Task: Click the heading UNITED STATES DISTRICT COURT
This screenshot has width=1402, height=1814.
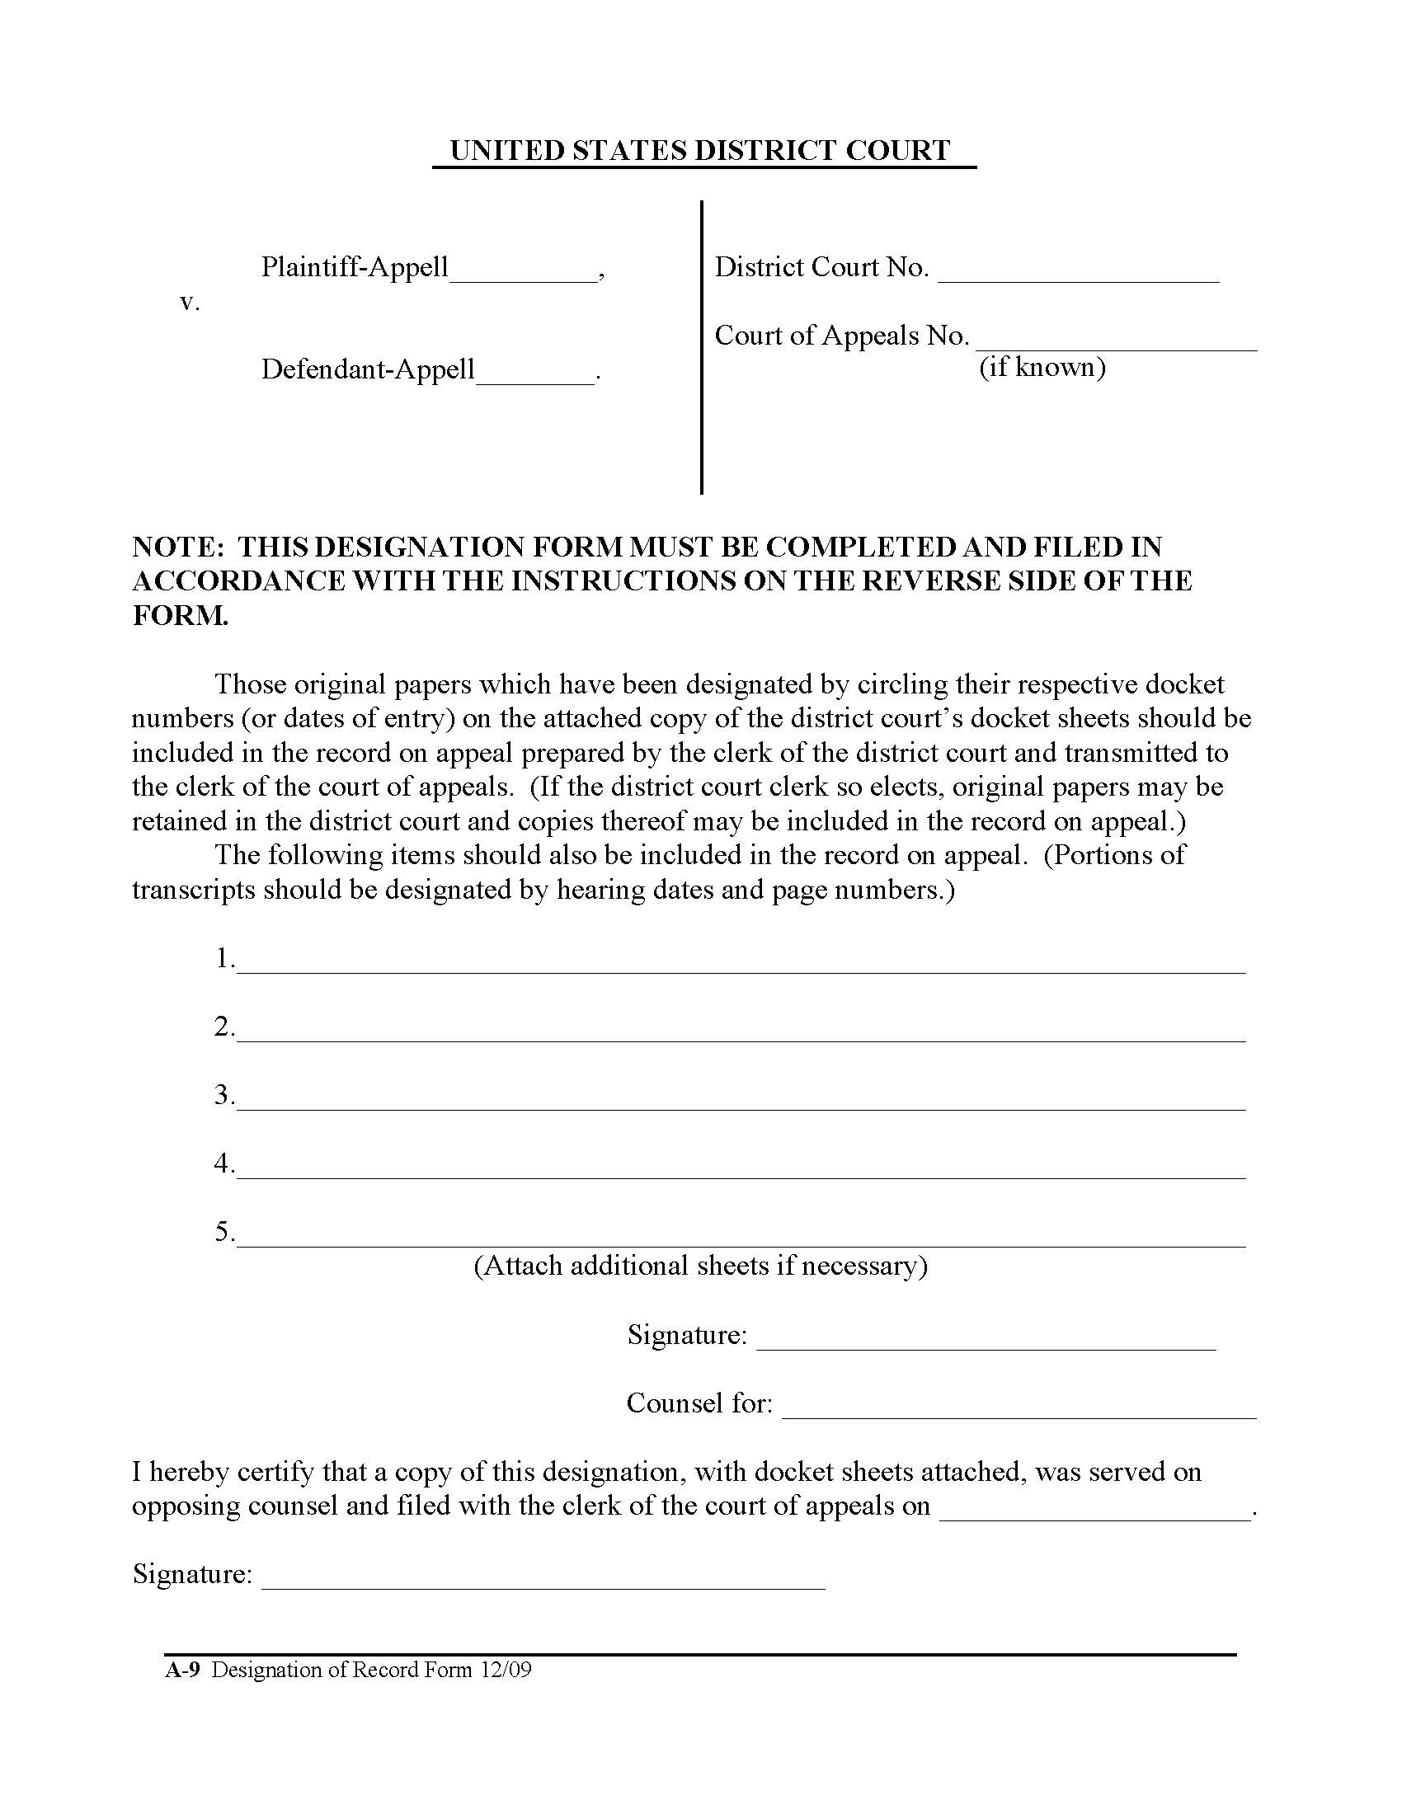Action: pyautogui.click(x=699, y=150)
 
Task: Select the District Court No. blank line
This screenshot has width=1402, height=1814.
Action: pyautogui.click(x=1078, y=276)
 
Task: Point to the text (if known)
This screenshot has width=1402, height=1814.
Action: pyautogui.click(x=1042, y=367)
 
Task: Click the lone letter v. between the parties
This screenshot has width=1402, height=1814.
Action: pyautogui.click(x=190, y=303)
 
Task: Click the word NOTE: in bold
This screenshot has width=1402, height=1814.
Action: pyautogui.click(x=178, y=547)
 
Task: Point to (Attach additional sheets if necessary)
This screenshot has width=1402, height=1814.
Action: pyautogui.click(x=700, y=1265)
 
